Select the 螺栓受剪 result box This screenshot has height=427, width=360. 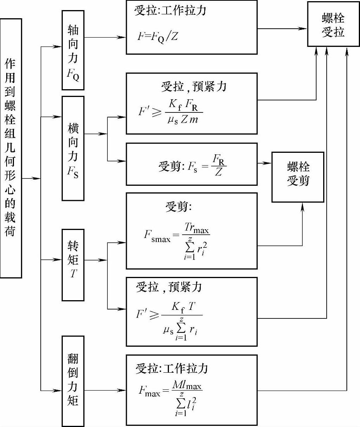coord(298,177)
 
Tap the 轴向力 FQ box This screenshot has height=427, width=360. coord(73,50)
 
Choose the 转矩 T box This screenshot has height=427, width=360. coord(73,264)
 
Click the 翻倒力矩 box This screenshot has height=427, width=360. coord(73,381)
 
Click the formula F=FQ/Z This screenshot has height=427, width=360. coord(158,36)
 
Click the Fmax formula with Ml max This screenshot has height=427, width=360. coord(170,397)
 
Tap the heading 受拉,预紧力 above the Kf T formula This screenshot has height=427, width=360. coord(169,287)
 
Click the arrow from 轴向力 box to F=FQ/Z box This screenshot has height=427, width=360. coord(105,37)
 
